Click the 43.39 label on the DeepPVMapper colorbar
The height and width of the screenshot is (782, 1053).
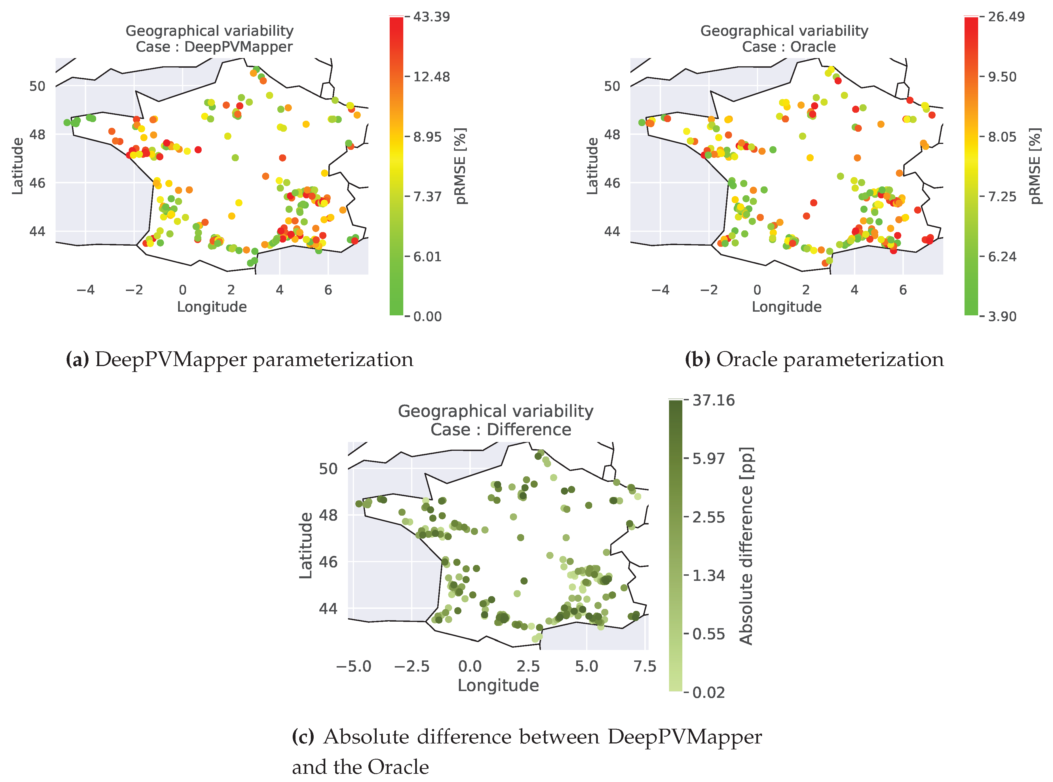point(431,17)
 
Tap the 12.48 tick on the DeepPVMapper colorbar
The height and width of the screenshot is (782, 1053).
point(431,77)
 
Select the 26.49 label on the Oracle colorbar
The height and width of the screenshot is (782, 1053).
point(1006,17)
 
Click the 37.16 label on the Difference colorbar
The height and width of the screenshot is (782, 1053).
point(713,400)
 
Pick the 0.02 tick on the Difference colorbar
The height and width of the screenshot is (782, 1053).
point(708,692)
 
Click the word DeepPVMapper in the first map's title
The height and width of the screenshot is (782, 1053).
point(238,47)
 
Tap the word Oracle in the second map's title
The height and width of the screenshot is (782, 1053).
point(813,47)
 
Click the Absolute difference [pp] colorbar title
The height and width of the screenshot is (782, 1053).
point(746,546)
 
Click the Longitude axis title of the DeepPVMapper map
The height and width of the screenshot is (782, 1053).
point(212,307)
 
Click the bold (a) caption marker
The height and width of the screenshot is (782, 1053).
point(77,360)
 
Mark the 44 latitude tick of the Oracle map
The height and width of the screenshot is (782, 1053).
point(612,231)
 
